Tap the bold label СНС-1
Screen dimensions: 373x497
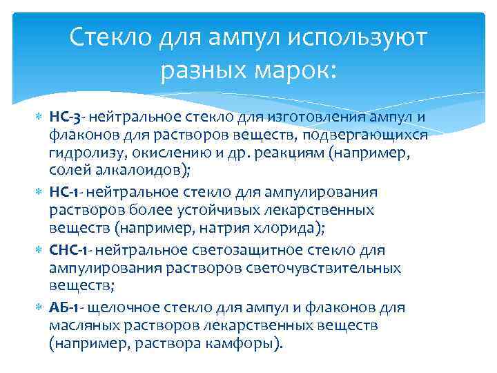[68, 249]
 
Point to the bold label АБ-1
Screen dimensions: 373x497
[67, 307]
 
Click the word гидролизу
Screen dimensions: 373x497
[82, 153]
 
